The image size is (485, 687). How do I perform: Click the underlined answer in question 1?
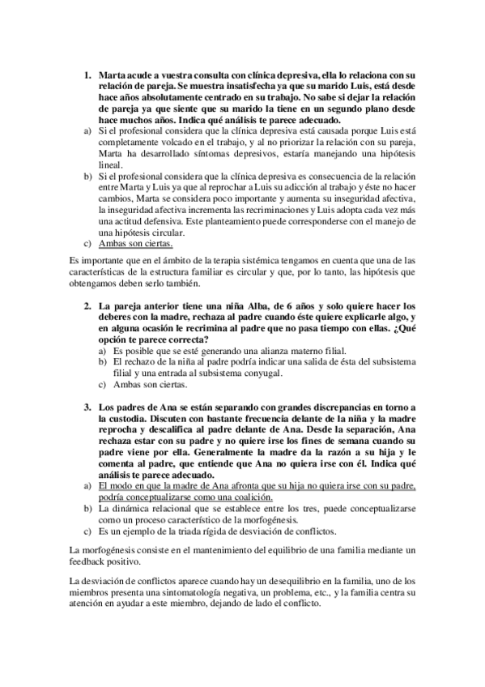point(134,242)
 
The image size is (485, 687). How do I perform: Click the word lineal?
point(111,163)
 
